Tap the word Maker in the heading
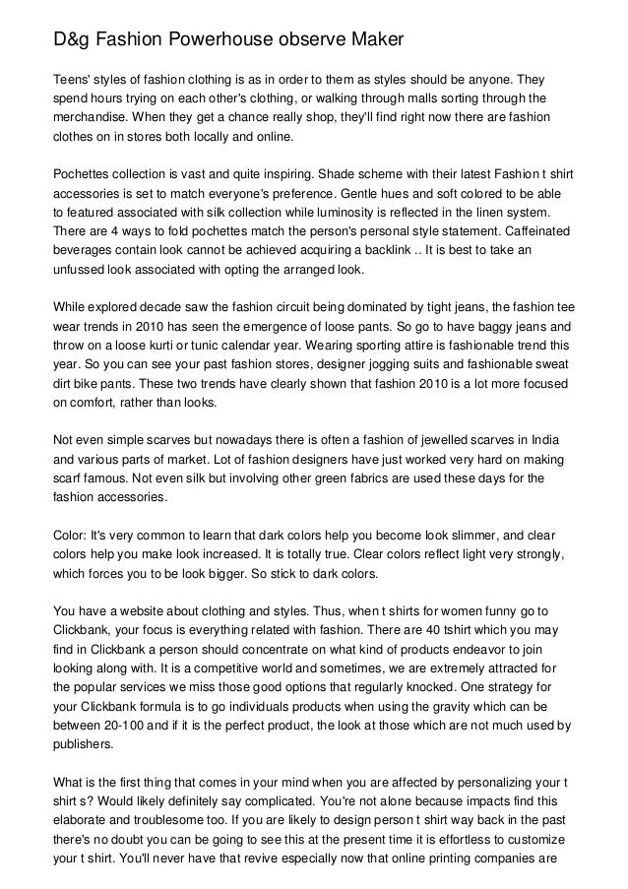(373, 40)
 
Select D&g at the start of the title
(71, 40)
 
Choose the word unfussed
(82, 269)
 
